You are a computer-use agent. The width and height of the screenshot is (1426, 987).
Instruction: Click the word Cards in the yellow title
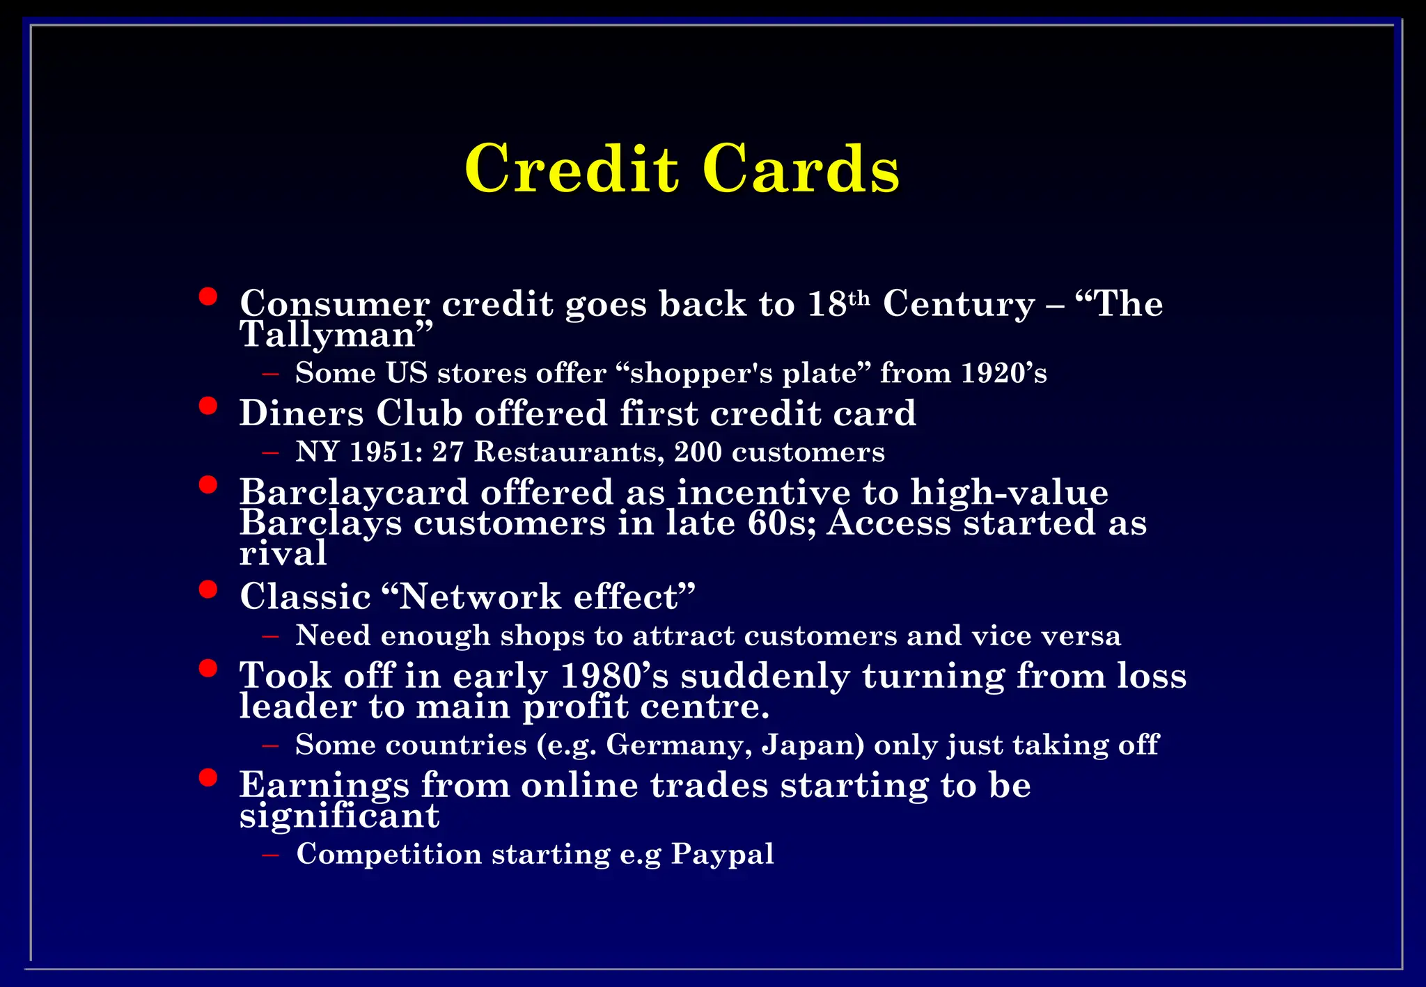pyautogui.click(x=801, y=168)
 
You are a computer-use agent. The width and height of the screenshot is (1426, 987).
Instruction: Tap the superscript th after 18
pyautogui.click(x=859, y=298)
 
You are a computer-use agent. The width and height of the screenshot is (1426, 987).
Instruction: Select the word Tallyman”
pyautogui.click(x=336, y=335)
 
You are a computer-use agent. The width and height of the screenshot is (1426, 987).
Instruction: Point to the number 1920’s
pyautogui.click(x=1003, y=373)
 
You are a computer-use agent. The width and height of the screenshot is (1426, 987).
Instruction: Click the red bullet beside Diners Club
pyautogui.click(x=207, y=405)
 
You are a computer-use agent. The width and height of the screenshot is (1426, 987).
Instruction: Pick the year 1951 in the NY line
pyautogui.click(x=386, y=452)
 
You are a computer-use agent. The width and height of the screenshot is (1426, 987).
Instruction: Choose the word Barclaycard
pyautogui.click(x=354, y=492)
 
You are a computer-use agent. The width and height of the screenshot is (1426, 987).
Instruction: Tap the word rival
pyautogui.click(x=283, y=554)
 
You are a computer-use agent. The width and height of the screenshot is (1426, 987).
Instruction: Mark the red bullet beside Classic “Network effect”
pyautogui.click(x=207, y=590)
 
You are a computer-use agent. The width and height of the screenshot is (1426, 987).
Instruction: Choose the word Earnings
pyautogui.click(x=324, y=785)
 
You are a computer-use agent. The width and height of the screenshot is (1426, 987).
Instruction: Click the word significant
pyautogui.click(x=339, y=816)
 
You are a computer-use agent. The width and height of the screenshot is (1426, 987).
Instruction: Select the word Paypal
pyautogui.click(x=722, y=854)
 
